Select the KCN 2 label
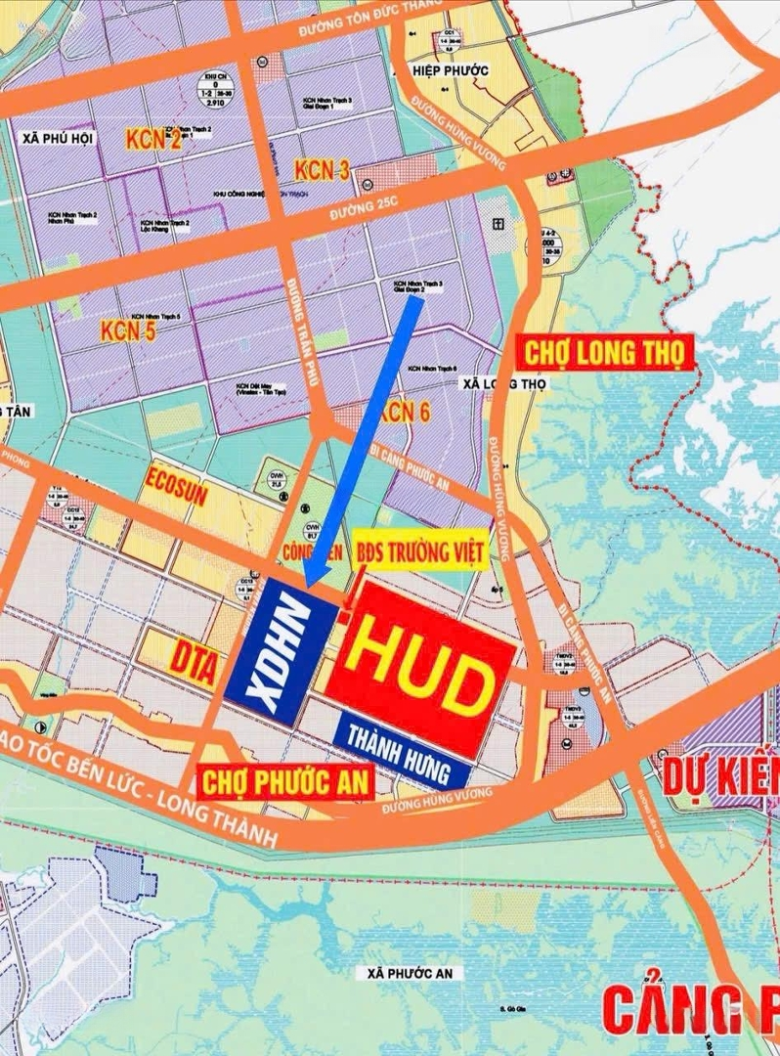[153, 140]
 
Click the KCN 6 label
[403, 413]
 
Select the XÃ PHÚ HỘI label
[57, 140]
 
